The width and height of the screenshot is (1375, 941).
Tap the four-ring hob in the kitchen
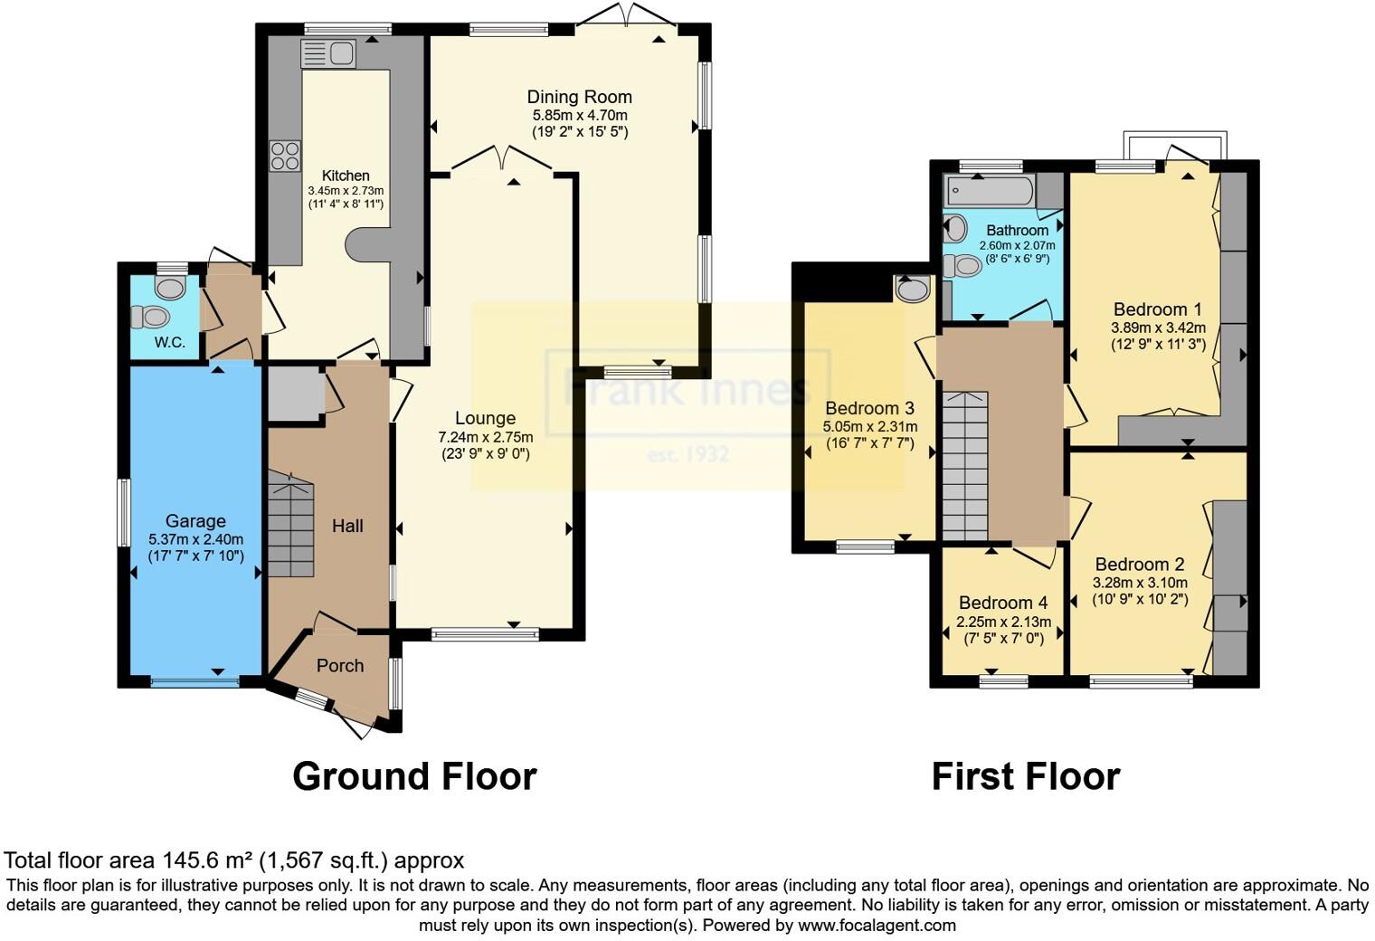pyautogui.click(x=285, y=157)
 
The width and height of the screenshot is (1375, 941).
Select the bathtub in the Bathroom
pyautogui.click(x=989, y=191)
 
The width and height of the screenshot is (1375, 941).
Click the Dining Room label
pyautogui.click(x=579, y=97)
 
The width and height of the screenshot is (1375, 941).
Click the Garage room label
pyautogui.click(x=195, y=521)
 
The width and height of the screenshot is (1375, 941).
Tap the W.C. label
pyautogui.click(x=169, y=343)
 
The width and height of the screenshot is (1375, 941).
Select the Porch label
pyautogui.click(x=340, y=666)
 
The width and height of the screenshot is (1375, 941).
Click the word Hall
pyautogui.click(x=347, y=526)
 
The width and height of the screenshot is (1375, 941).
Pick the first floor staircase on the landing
pyautogui.click(x=965, y=467)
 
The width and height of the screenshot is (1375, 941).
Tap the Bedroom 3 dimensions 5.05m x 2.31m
pyautogui.click(x=869, y=427)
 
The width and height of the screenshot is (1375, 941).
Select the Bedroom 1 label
pyautogui.click(x=1158, y=309)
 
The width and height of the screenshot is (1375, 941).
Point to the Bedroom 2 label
pyautogui.click(x=1139, y=565)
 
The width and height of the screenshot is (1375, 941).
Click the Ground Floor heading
pyautogui.click(x=414, y=776)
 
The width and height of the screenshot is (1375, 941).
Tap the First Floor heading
pyautogui.click(x=1026, y=776)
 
